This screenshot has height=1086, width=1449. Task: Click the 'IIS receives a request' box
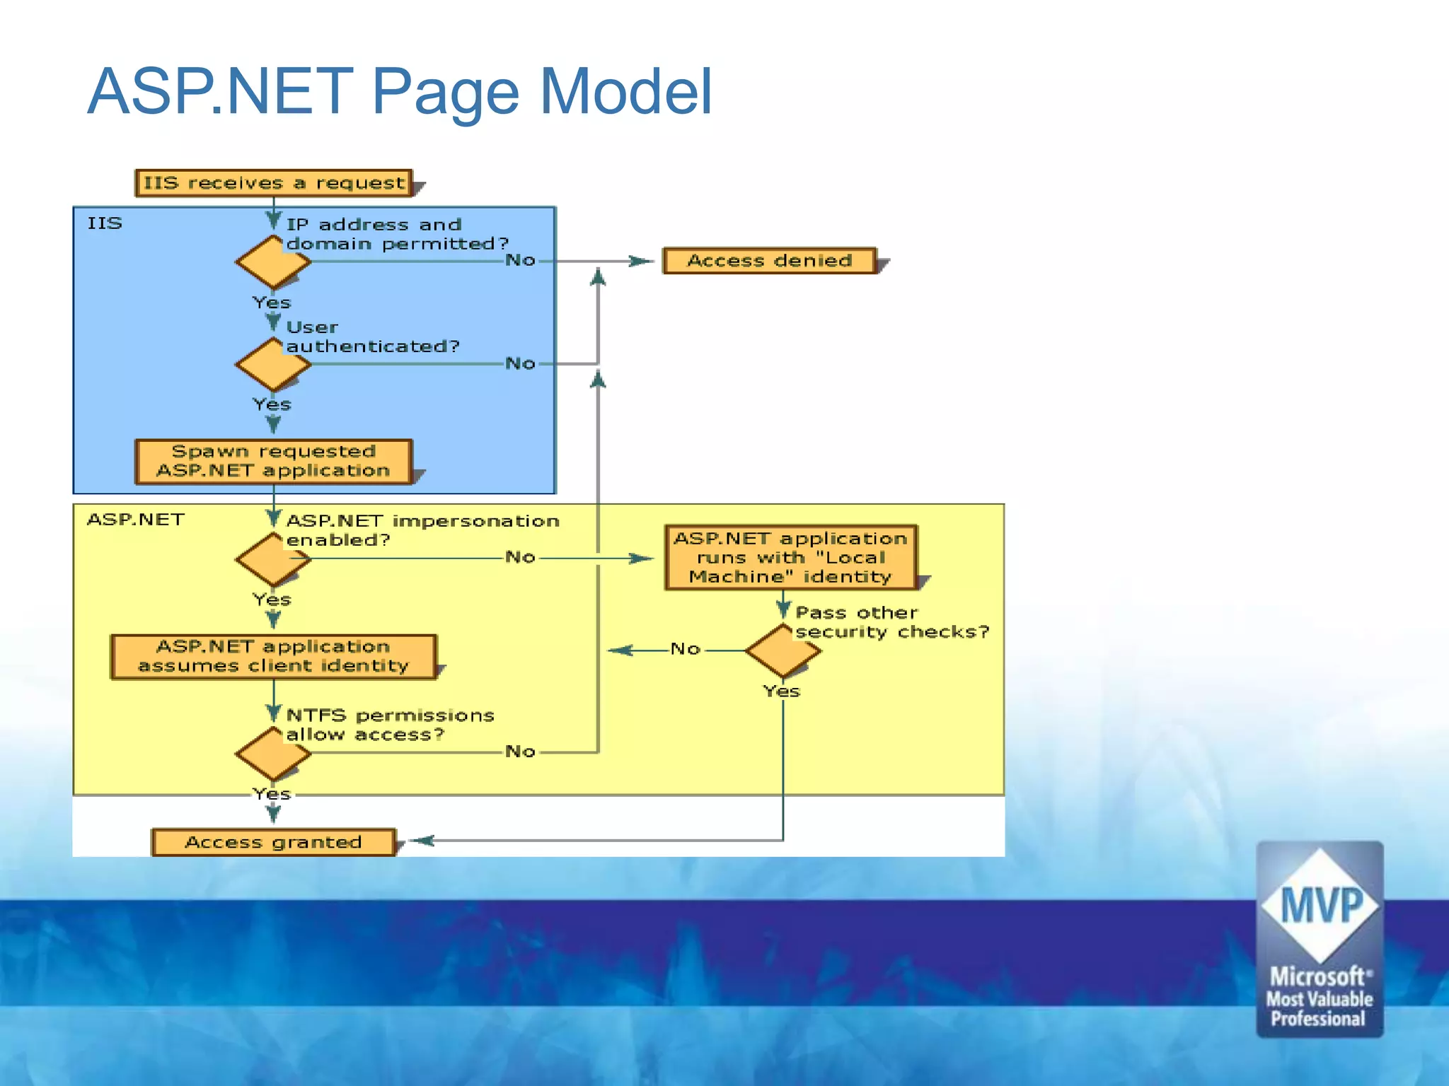click(273, 183)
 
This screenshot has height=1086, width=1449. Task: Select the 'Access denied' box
click(770, 261)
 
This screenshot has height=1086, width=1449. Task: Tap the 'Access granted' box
click(273, 842)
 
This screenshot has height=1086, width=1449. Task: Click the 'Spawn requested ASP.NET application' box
click(273, 461)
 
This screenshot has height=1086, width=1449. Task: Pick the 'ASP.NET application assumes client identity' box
click(273, 656)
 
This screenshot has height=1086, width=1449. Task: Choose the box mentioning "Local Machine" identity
click(790, 557)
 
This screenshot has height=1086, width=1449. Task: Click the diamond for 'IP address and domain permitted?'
click(272, 262)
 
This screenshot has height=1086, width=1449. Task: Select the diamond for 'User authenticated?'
click(272, 364)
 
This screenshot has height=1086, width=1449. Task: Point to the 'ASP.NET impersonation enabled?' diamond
click(272, 559)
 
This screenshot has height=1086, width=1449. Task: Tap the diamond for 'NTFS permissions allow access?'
click(272, 754)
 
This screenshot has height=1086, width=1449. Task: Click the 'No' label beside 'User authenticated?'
click(520, 363)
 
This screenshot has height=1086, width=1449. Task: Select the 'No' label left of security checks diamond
click(685, 649)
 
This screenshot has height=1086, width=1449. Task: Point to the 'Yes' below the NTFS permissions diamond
click(272, 794)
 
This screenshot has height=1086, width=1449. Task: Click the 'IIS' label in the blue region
click(105, 223)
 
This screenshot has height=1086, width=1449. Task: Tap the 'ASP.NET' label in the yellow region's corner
click(135, 520)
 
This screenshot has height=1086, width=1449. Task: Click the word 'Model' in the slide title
click(625, 91)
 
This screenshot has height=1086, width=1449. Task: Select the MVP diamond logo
click(1320, 905)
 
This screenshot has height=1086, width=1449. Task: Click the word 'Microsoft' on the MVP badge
click(1317, 977)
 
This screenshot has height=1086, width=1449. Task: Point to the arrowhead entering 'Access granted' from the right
click(422, 841)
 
